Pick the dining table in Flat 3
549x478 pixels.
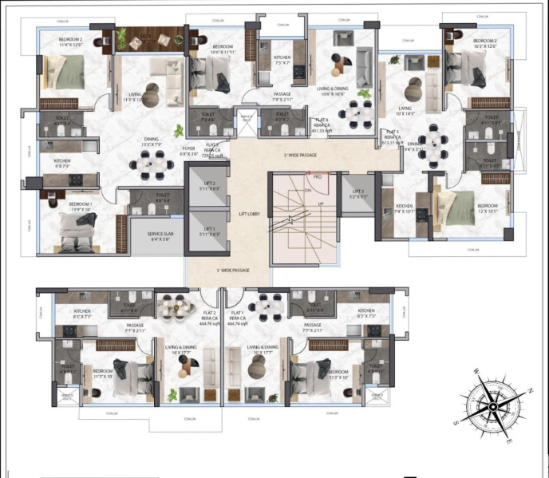tap(152, 164)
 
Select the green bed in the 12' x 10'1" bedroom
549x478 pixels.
tap(459, 207)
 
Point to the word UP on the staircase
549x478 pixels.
tap(321, 204)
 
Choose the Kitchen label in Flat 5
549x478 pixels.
tap(405, 209)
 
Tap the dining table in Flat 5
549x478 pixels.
tap(434, 140)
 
